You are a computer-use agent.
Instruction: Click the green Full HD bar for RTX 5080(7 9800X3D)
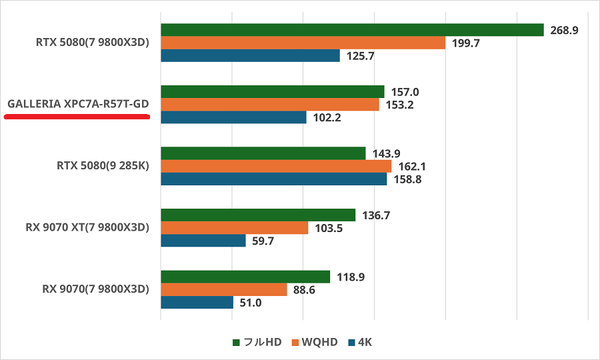pyautogui.click(x=352, y=30)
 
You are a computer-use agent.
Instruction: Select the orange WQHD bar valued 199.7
pyautogui.click(x=303, y=43)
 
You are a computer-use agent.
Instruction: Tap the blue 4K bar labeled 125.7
pyautogui.click(x=250, y=56)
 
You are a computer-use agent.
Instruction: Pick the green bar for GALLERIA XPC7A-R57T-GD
pyautogui.click(x=272, y=91)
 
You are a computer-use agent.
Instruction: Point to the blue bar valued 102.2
pyautogui.click(x=233, y=117)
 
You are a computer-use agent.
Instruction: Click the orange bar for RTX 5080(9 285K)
pyautogui.click(x=275, y=166)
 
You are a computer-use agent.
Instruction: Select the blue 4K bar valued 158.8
pyautogui.click(x=273, y=179)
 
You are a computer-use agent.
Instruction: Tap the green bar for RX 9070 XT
pyautogui.click(x=257, y=215)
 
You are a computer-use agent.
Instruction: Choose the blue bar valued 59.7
pyautogui.click(x=203, y=241)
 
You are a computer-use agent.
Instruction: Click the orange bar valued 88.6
pyautogui.click(x=223, y=289)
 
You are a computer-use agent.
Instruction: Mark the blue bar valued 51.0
pyautogui.click(x=197, y=302)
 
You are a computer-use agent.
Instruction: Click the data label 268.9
pyautogui.click(x=564, y=30)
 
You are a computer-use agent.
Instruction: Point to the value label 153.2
pyautogui.click(x=399, y=105)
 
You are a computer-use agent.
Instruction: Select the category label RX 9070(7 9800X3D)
pyautogui.click(x=95, y=289)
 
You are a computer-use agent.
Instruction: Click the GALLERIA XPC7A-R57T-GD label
pyautogui.click(x=78, y=105)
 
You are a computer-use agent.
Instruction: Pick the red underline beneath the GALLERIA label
pyautogui.click(x=76, y=116)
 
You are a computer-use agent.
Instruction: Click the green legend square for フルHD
pyautogui.click(x=236, y=343)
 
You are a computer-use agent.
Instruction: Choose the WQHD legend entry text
pyautogui.click(x=319, y=343)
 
